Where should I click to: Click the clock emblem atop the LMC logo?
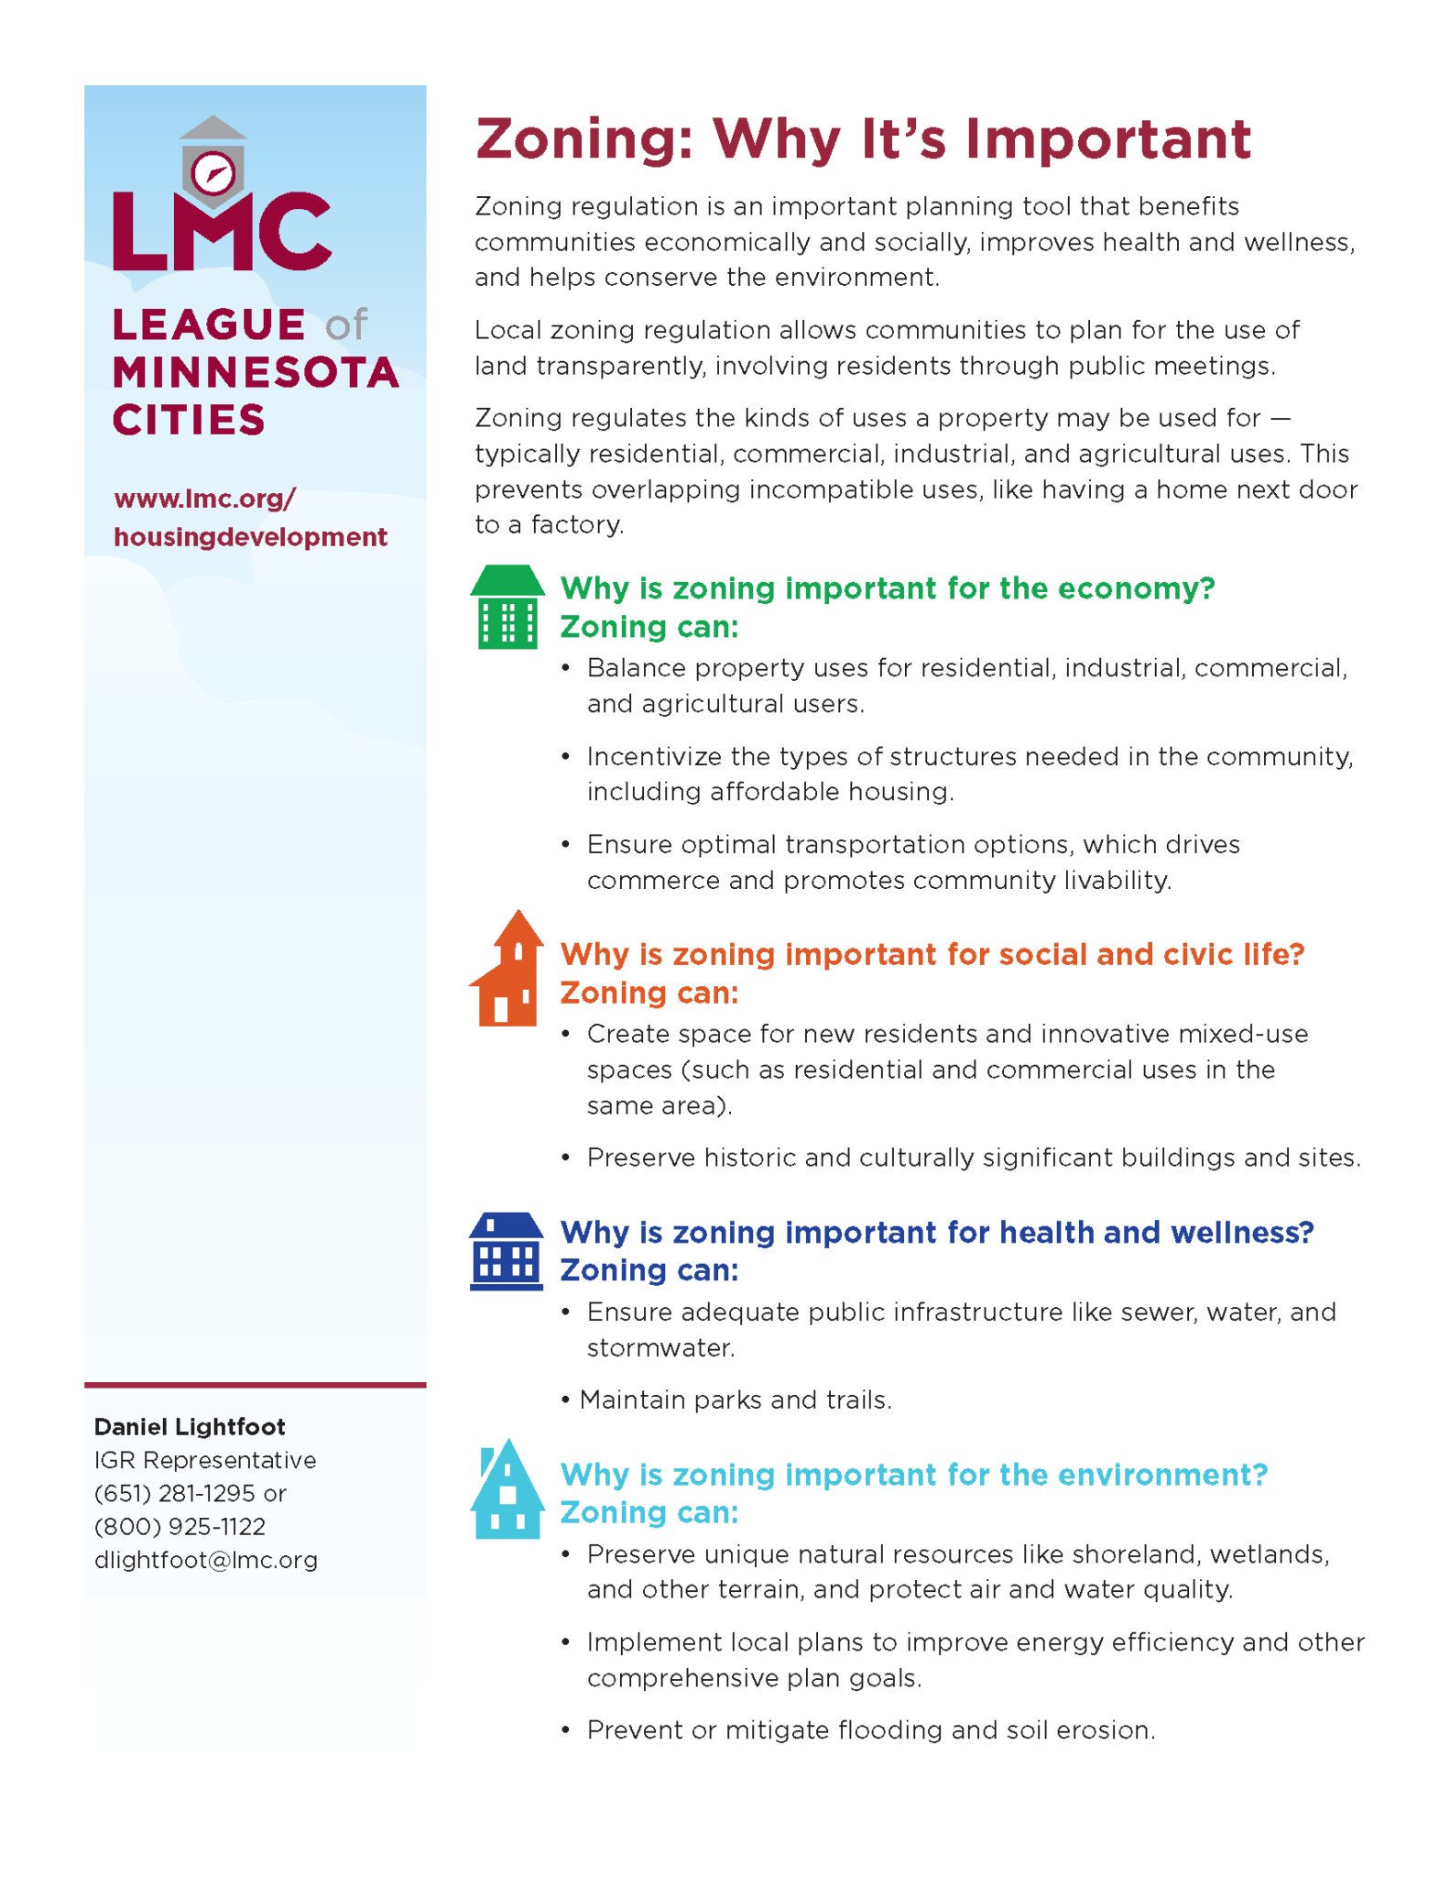tap(213, 172)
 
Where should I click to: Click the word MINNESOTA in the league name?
tap(256, 373)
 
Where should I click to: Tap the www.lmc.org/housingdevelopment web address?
tap(249, 518)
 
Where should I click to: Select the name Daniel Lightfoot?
tap(190, 1426)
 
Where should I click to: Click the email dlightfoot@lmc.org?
tap(206, 1560)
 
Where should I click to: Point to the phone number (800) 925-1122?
tap(180, 1527)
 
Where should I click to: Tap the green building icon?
tap(507, 607)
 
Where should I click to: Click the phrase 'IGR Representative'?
tap(205, 1460)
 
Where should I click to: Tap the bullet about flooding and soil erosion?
tap(870, 1730)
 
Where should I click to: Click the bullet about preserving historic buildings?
tap(973, 1158)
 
